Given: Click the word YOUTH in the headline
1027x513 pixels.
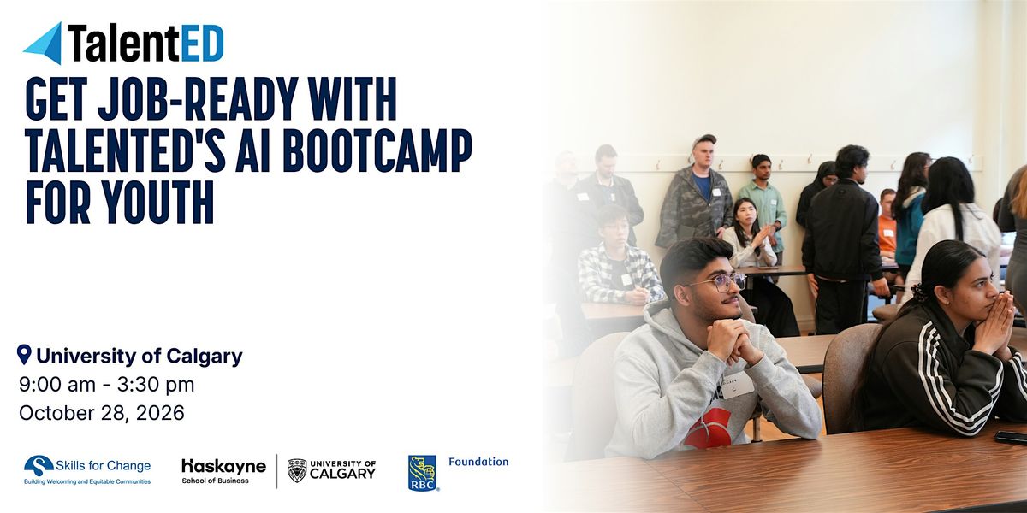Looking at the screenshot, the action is pos(158,202).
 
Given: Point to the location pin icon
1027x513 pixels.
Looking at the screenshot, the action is pos(24,355).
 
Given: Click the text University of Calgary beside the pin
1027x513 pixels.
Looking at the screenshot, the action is pos(140,356).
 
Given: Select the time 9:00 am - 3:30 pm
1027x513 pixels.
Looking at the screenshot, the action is pos(107,385).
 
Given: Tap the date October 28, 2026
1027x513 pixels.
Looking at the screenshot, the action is pos(102,413).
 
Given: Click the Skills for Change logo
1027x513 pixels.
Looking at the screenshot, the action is pos(87,469).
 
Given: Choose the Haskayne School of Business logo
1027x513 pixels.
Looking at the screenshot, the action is pos(223,471).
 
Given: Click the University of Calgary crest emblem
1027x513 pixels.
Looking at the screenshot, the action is pos(297,470).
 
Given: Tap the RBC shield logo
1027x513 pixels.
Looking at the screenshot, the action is pos(422,473).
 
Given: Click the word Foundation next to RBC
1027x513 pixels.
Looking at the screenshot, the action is pos(478,462).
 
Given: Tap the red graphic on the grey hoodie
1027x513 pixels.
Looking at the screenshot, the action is pos(708,429).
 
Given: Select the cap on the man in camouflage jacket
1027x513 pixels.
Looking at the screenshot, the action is pos(703,140).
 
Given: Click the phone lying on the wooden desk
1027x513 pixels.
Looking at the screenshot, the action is pos(1011,438).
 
